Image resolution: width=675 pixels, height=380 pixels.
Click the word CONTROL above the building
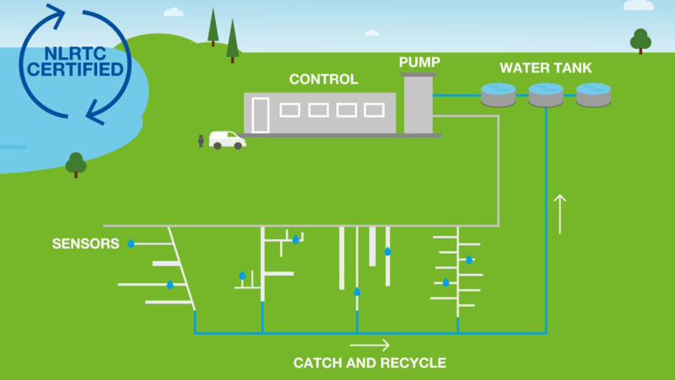click(x=323, y=79)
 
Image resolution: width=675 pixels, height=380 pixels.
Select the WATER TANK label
click(x=545, y=67)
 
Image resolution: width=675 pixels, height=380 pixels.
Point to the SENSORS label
click(x=85, y=244)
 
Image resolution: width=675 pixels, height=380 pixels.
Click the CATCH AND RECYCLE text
click(x=370, y=363)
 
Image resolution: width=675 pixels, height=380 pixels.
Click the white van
click(x=227, y=139)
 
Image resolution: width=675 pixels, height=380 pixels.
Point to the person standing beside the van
click(x=201, y=141)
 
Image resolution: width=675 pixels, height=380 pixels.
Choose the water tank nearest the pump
click(x=498, y=94)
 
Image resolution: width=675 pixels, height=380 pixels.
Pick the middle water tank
click(x=545, y=94)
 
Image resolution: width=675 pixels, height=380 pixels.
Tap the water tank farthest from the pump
click(x=593, y=94)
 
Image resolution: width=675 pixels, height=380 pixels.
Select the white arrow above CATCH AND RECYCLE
click(x=370, y=345)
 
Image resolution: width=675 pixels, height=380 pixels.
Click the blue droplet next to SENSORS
click(x=131, y=244)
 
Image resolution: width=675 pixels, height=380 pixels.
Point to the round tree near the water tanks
click(x=640, y=40)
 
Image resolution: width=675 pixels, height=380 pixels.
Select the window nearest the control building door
click(x=289, y=110)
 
